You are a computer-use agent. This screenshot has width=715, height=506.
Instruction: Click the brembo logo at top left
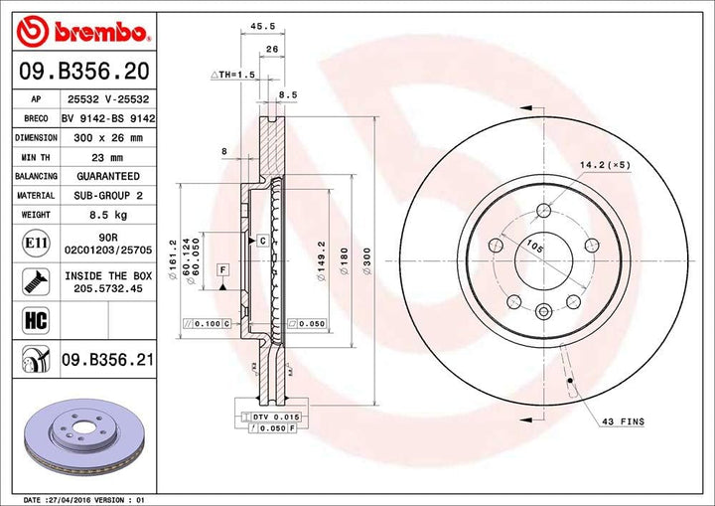click(x=83, y=32)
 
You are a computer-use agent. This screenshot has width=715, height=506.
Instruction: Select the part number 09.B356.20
click(x=83, y=71)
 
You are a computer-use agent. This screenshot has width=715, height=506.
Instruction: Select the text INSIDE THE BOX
click(x=109, y=275)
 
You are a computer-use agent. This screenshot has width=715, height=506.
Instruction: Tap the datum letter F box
click(x=223, y=270)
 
